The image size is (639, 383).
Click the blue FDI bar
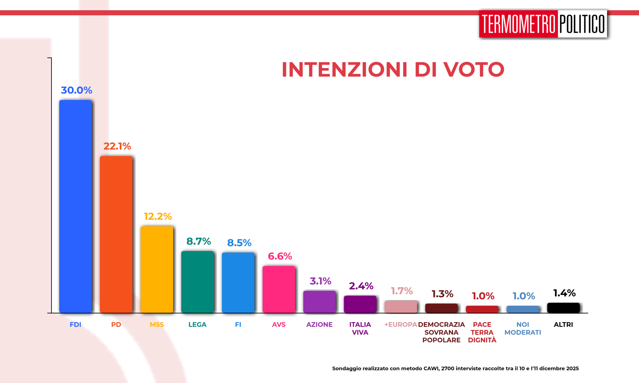click(76, 206)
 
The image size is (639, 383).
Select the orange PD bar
click(116, 234)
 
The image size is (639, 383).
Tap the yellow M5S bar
click(157, 269)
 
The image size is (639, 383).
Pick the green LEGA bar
click(198, 282)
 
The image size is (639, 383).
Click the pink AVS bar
click(279, 289)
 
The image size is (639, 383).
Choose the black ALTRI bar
click(563, 308)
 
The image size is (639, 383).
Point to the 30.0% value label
click(76, 90)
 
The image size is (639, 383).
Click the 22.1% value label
click(117, 146)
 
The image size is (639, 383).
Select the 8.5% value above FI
click(239, 243)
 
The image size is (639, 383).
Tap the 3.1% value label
click(320, 281)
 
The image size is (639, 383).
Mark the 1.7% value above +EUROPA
click(402, 291)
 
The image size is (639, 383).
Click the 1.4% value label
click(564, 293)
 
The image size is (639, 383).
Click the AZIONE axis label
click(319, 325)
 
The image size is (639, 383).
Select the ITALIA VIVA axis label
click(360, 328)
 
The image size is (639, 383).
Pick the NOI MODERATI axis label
click(523, 328)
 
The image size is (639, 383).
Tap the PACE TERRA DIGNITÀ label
click(482, 333)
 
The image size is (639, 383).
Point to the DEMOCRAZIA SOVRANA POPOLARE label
click(441, 333)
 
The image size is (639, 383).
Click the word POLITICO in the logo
click(582, 24)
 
